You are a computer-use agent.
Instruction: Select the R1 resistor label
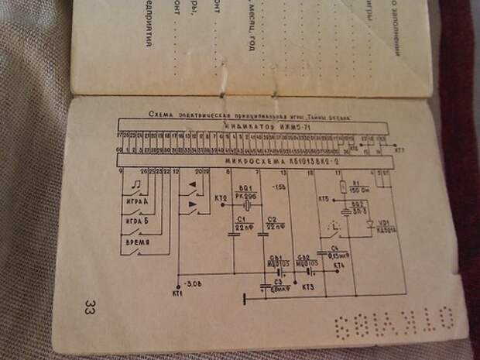click(357, 183)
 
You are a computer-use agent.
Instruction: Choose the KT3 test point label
click(308, 288)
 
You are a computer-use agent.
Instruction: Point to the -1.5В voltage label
click(279, 187)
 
